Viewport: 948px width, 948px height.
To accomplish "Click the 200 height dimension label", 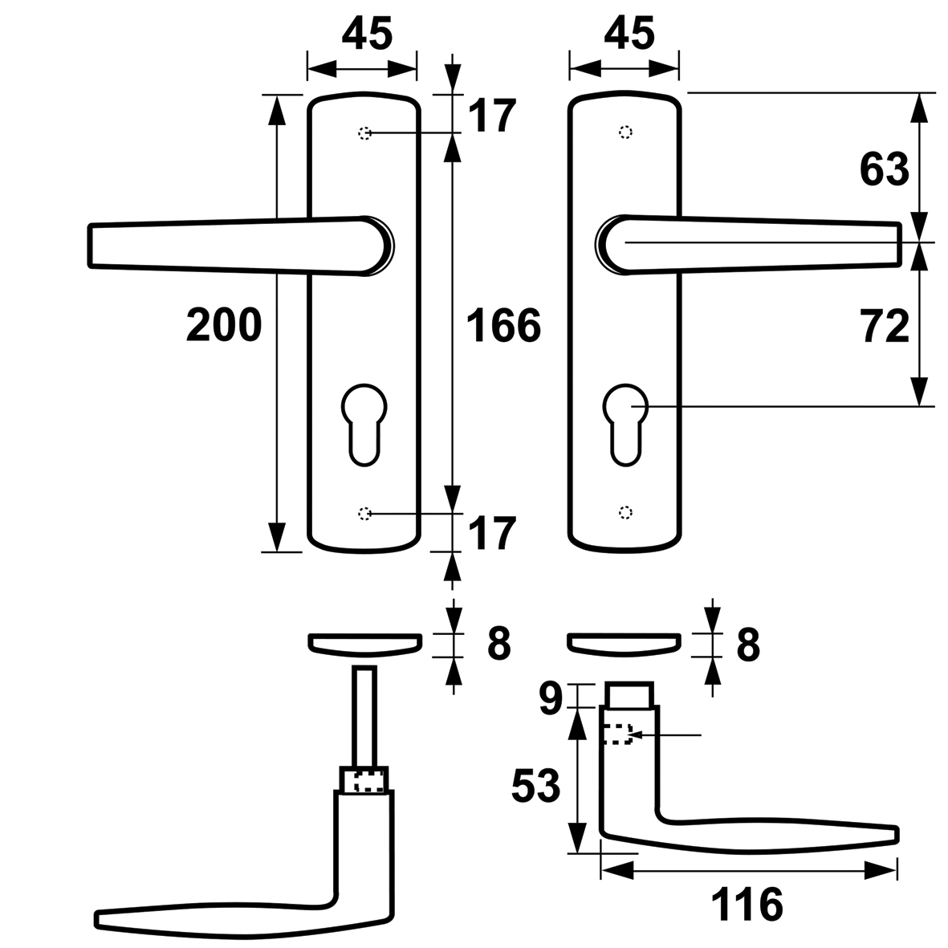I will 224,325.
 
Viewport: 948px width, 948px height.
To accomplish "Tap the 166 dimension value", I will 504,326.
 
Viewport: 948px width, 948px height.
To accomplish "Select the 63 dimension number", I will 885,169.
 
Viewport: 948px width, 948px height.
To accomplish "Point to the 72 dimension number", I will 885,327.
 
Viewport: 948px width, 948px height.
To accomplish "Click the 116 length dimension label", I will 747,905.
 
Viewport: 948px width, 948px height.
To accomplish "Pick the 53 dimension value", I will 536,785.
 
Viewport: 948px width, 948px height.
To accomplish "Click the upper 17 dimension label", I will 490,116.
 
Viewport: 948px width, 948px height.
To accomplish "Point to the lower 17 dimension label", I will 490,534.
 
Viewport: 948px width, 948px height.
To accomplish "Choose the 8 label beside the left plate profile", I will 498,643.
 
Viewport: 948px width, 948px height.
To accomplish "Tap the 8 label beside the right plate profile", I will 747,643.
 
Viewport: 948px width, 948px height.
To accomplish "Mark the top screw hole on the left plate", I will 364,132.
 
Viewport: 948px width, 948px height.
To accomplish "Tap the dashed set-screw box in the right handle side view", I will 616,734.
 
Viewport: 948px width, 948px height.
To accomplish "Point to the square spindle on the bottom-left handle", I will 364,714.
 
